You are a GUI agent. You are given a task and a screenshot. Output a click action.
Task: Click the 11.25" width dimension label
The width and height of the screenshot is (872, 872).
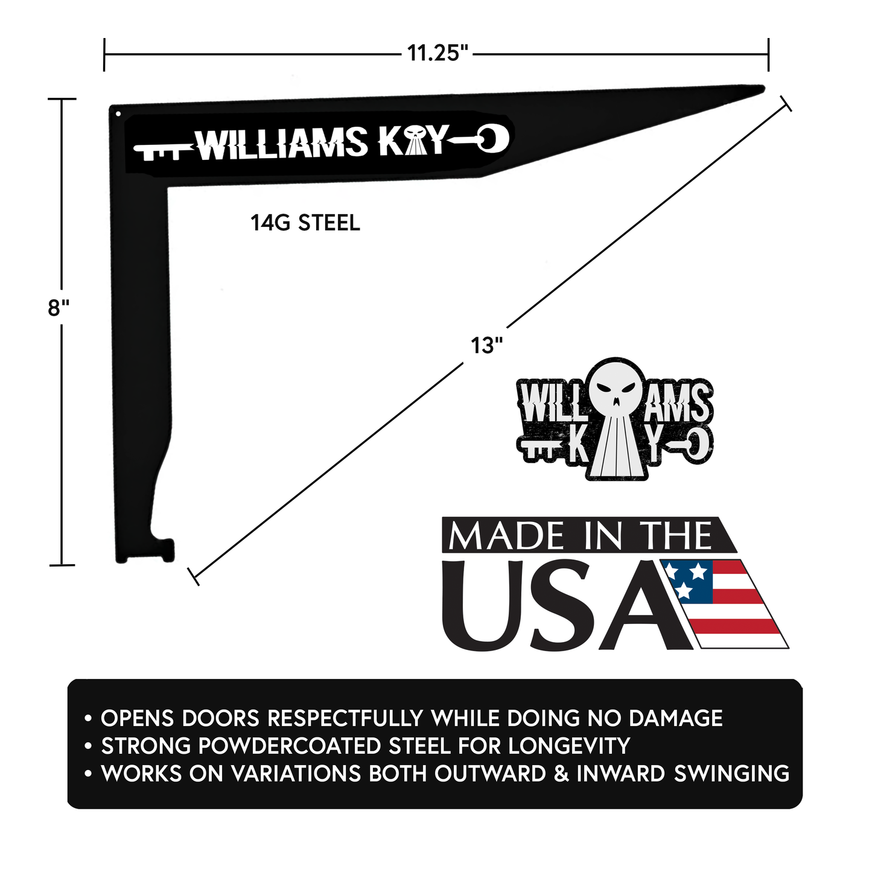(x=438, y=53)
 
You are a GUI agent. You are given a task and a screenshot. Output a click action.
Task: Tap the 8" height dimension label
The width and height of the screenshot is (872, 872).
(x=59, y=308)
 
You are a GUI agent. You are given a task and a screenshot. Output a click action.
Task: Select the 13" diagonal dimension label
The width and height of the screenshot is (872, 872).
(x=486, y=346)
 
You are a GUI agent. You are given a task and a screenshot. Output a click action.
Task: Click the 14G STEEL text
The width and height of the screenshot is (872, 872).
(x=305, y=223)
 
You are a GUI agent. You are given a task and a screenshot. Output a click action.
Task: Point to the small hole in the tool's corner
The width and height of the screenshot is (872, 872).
(x=118, y=113)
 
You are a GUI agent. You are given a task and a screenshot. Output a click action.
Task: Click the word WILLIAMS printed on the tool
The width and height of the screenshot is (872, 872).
(x=282, y=144)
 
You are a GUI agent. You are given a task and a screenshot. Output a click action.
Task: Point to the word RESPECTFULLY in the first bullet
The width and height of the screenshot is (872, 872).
(x=345, y=718)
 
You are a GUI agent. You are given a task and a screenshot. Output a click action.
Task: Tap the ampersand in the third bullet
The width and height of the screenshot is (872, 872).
(x=561, y=774)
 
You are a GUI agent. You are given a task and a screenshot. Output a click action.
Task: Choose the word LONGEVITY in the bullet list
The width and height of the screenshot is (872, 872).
(x=569, y=746)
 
